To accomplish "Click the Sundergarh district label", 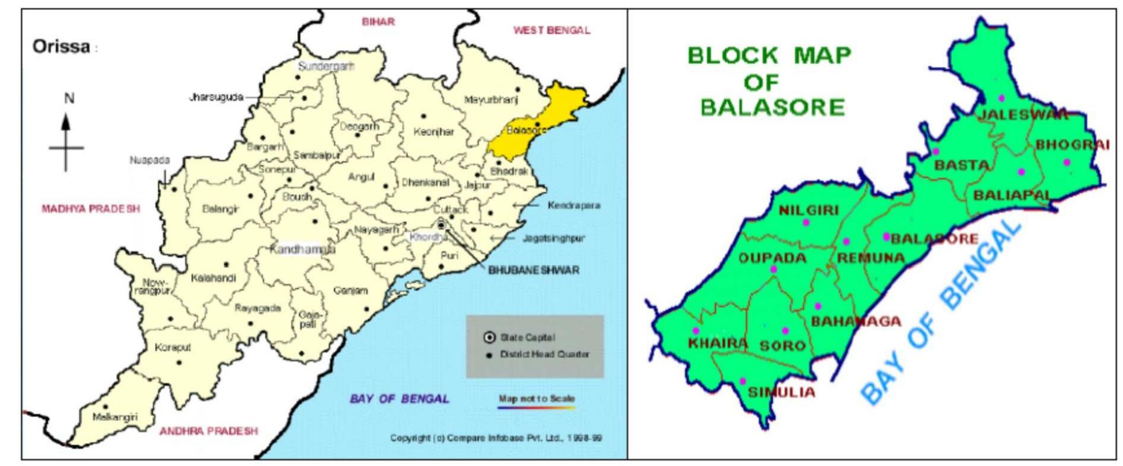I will click(326, 66).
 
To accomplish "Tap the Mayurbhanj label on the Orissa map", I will click(491, 100).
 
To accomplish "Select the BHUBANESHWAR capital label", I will click(534, 270).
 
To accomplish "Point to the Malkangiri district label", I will click(115, 417).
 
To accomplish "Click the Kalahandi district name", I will click(213, 278).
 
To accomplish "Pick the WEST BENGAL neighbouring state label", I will click(552, 30).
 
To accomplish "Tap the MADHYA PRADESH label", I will click(91, 209).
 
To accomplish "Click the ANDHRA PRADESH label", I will click(208, 431).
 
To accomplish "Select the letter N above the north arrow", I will click(69, 98).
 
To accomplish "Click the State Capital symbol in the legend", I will click(489, 337).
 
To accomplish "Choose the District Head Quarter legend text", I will click(544, 355).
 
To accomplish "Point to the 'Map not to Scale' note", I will click(536, 398).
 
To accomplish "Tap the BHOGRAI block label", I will click(1072, 145).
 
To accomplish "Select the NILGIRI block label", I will click(809, 210).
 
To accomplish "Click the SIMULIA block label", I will click(781, 392).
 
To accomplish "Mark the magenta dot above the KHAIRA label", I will click(695, 330).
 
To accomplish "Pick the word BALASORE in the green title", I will click(772, 108).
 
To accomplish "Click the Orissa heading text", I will click(61, 47).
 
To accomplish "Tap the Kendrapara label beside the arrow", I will click(573, 205).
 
